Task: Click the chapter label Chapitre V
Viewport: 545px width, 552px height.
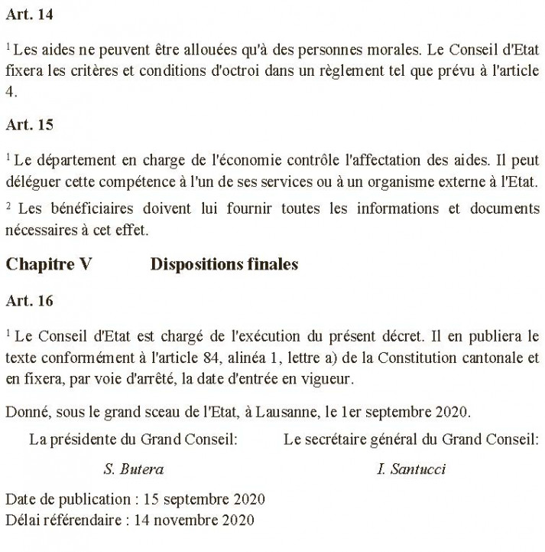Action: pos(49,264)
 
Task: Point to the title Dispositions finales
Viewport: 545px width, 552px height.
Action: pos(224,264)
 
